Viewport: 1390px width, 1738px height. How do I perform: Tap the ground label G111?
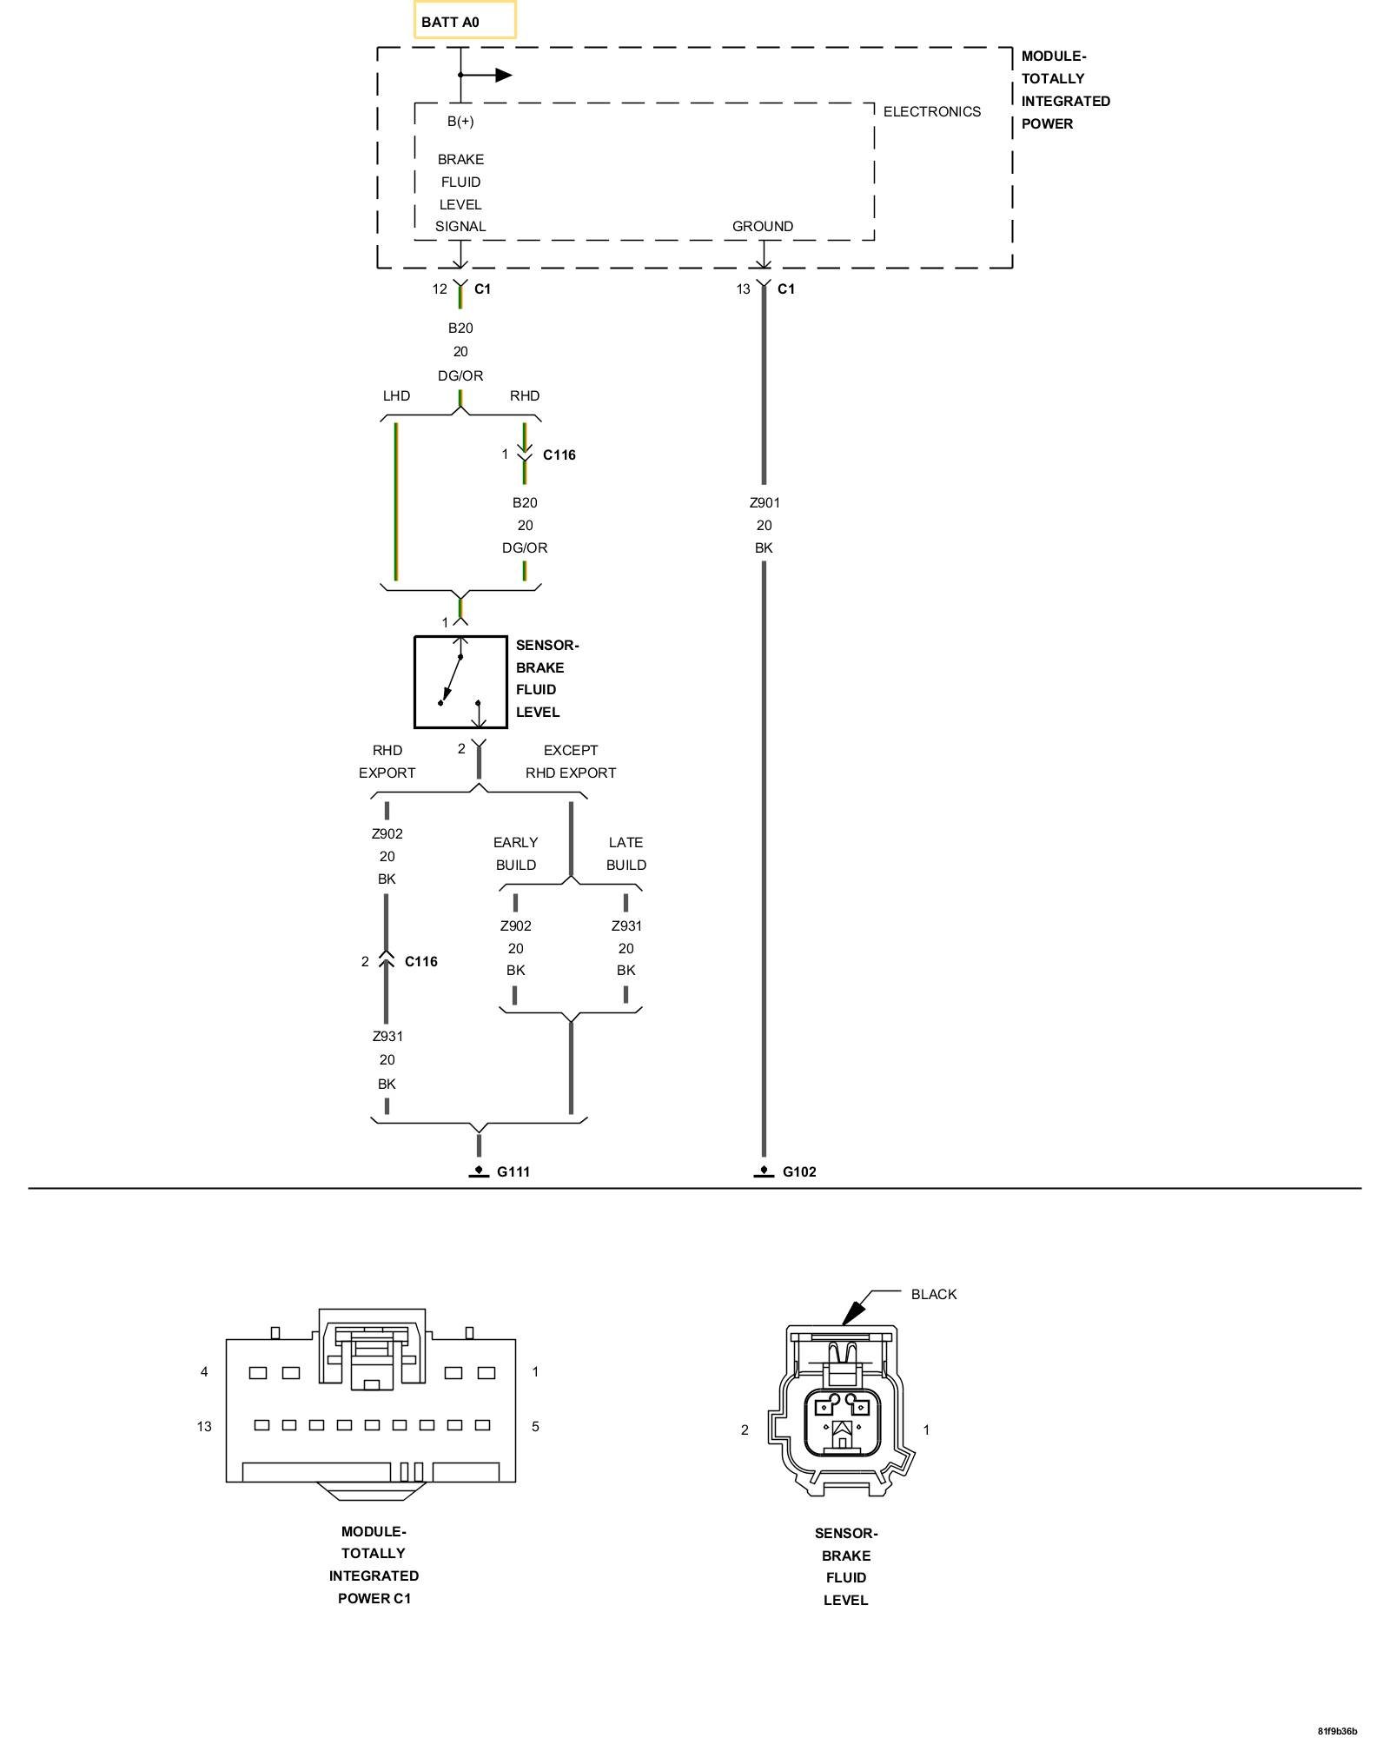point(513,1171)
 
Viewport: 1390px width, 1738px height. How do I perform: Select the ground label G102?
point(798,1171)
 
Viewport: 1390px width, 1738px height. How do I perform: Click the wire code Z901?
point(764,502)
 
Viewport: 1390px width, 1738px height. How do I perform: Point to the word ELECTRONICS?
point(931,111)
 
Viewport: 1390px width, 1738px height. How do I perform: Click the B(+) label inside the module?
point(460,121)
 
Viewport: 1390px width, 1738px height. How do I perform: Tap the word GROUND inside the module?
point(762,226)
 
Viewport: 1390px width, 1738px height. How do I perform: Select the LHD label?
point(396,395)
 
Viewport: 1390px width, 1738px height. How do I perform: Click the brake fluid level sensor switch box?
point(460,682)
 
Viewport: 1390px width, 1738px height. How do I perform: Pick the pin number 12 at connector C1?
point(440,289)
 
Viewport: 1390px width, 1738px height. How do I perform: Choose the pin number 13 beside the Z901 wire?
point(743,289)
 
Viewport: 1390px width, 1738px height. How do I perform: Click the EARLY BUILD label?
point(515,853)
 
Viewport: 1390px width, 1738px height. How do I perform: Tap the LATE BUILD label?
point(625,853)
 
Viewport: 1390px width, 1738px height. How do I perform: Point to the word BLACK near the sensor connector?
point(933,1294)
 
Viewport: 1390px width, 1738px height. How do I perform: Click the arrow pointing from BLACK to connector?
point(856,1307)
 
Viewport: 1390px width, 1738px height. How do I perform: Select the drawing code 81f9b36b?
point(1336,1730)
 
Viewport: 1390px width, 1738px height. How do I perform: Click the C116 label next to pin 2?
point(421,961)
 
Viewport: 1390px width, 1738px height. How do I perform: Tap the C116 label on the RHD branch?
point(559,454)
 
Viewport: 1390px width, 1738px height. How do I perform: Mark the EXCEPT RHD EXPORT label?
point(570,761)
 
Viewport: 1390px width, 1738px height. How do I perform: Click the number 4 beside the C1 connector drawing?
point(204,1371)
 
